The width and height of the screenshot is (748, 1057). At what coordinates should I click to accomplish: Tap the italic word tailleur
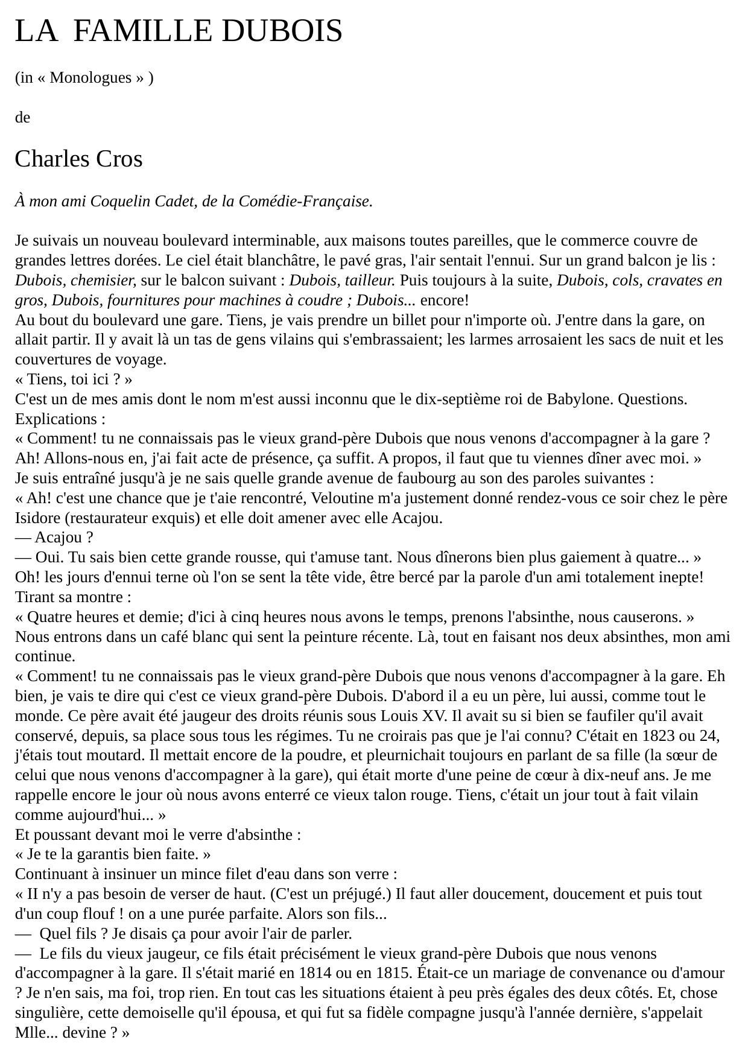[370, 281]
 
